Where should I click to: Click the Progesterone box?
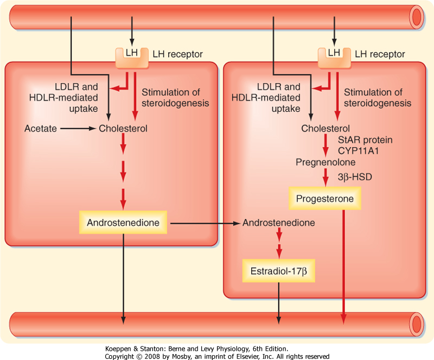coord(325,199)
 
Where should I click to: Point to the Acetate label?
coord(40,129)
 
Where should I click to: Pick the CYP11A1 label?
coord(365,150)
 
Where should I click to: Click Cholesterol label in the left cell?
coord(123,129)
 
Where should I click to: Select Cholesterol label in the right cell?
coord(325,129)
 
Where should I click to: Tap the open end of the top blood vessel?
coord(417,17)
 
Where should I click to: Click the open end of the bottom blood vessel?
coord(417,325)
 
